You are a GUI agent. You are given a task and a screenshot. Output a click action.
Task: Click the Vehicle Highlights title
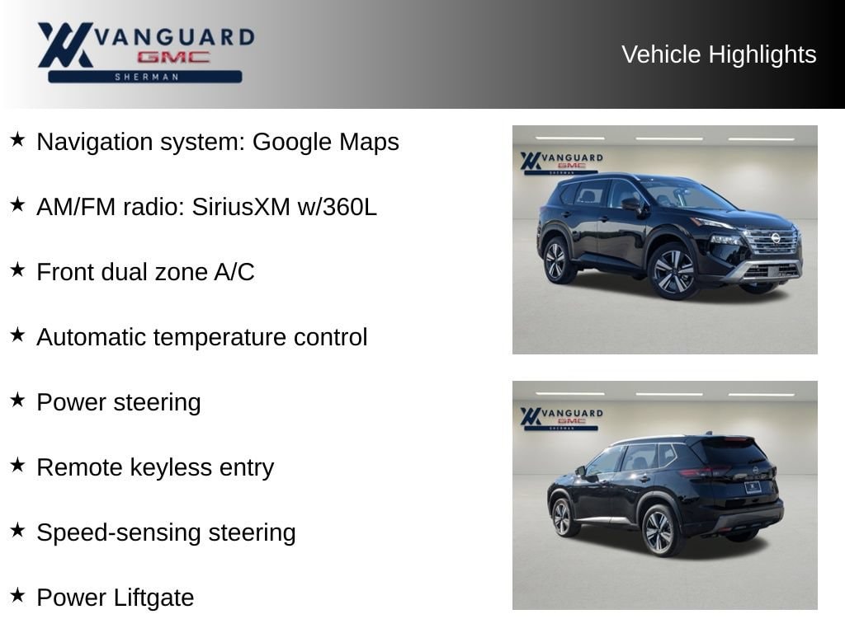pos(719,55)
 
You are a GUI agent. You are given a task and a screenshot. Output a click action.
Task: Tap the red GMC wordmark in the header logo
pos(173,57)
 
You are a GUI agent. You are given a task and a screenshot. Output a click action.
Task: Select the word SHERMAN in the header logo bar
pos(147,77)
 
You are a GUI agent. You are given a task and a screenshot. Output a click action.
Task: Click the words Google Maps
pos(325,143)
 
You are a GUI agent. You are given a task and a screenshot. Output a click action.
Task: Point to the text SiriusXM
pos(241,207)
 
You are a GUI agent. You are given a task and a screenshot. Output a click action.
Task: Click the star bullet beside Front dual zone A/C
pos(17,270)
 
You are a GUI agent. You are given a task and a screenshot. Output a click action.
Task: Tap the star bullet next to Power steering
pos(17,400)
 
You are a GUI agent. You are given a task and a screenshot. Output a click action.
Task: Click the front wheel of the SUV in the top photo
pos(673,270)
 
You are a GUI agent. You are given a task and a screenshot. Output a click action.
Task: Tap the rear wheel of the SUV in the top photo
pos(555,261)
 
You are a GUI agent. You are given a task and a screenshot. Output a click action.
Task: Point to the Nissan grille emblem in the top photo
pos(776,238)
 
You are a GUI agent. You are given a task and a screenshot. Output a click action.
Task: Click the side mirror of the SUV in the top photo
pos(630,204)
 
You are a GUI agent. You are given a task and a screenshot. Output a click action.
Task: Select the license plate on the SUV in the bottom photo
pos(753,487)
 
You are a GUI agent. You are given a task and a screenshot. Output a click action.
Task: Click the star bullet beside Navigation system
pos(17,139)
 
